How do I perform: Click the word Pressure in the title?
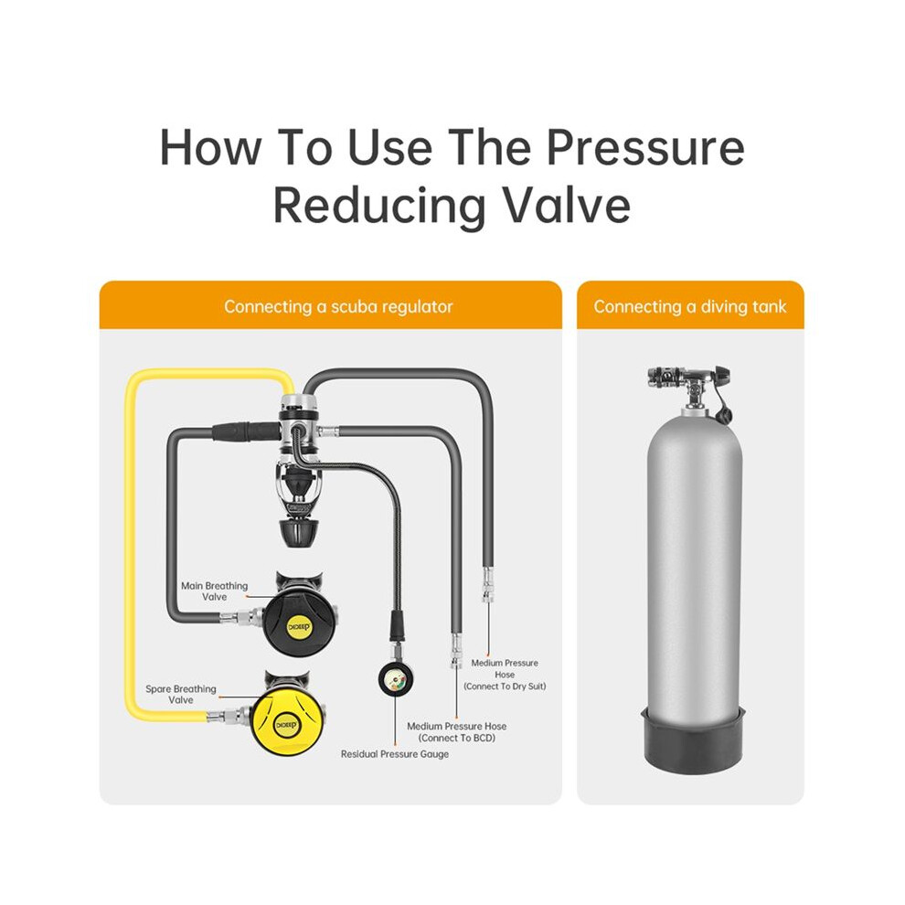point(644,148)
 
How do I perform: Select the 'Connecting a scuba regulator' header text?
point(338,306)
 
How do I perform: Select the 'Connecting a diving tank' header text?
point(689,306)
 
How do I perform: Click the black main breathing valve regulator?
point(299,616)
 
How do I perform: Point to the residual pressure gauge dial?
point(395,679)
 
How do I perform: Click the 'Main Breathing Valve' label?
point(214,591)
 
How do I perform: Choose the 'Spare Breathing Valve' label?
point(181,694)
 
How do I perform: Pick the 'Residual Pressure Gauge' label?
point(395,754)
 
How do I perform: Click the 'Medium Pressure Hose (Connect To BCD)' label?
point(456,732)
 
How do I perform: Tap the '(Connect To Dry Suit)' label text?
point(505,687)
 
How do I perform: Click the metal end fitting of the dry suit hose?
point(488,585)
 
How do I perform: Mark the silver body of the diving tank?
point(691,559)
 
